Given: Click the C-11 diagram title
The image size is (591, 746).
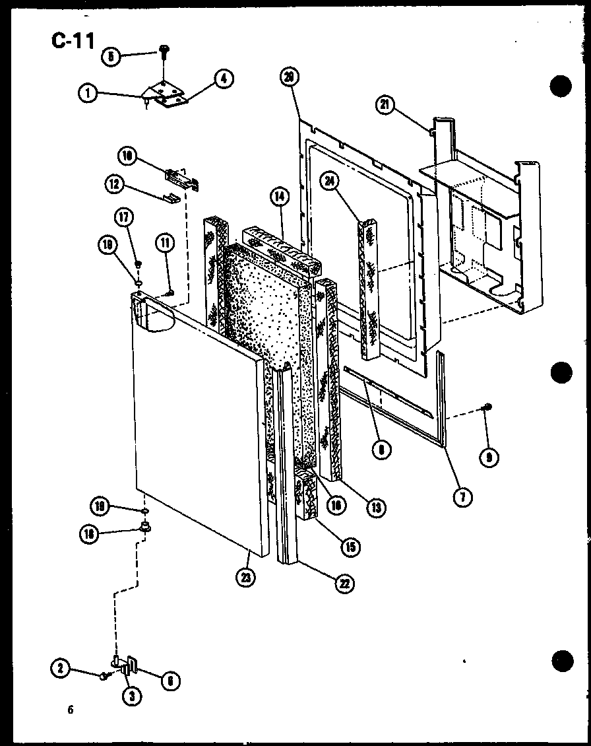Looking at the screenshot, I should click(x=73, y=40).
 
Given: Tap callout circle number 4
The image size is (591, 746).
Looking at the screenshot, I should click(x=223, y=79).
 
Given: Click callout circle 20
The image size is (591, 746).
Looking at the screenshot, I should click(x=288, y=77).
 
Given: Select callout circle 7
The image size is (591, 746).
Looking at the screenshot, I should click(x=463, y=496).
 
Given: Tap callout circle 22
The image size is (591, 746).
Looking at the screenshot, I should click(x=344, y=583).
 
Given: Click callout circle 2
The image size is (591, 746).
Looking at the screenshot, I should click(x=60, y=669).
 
